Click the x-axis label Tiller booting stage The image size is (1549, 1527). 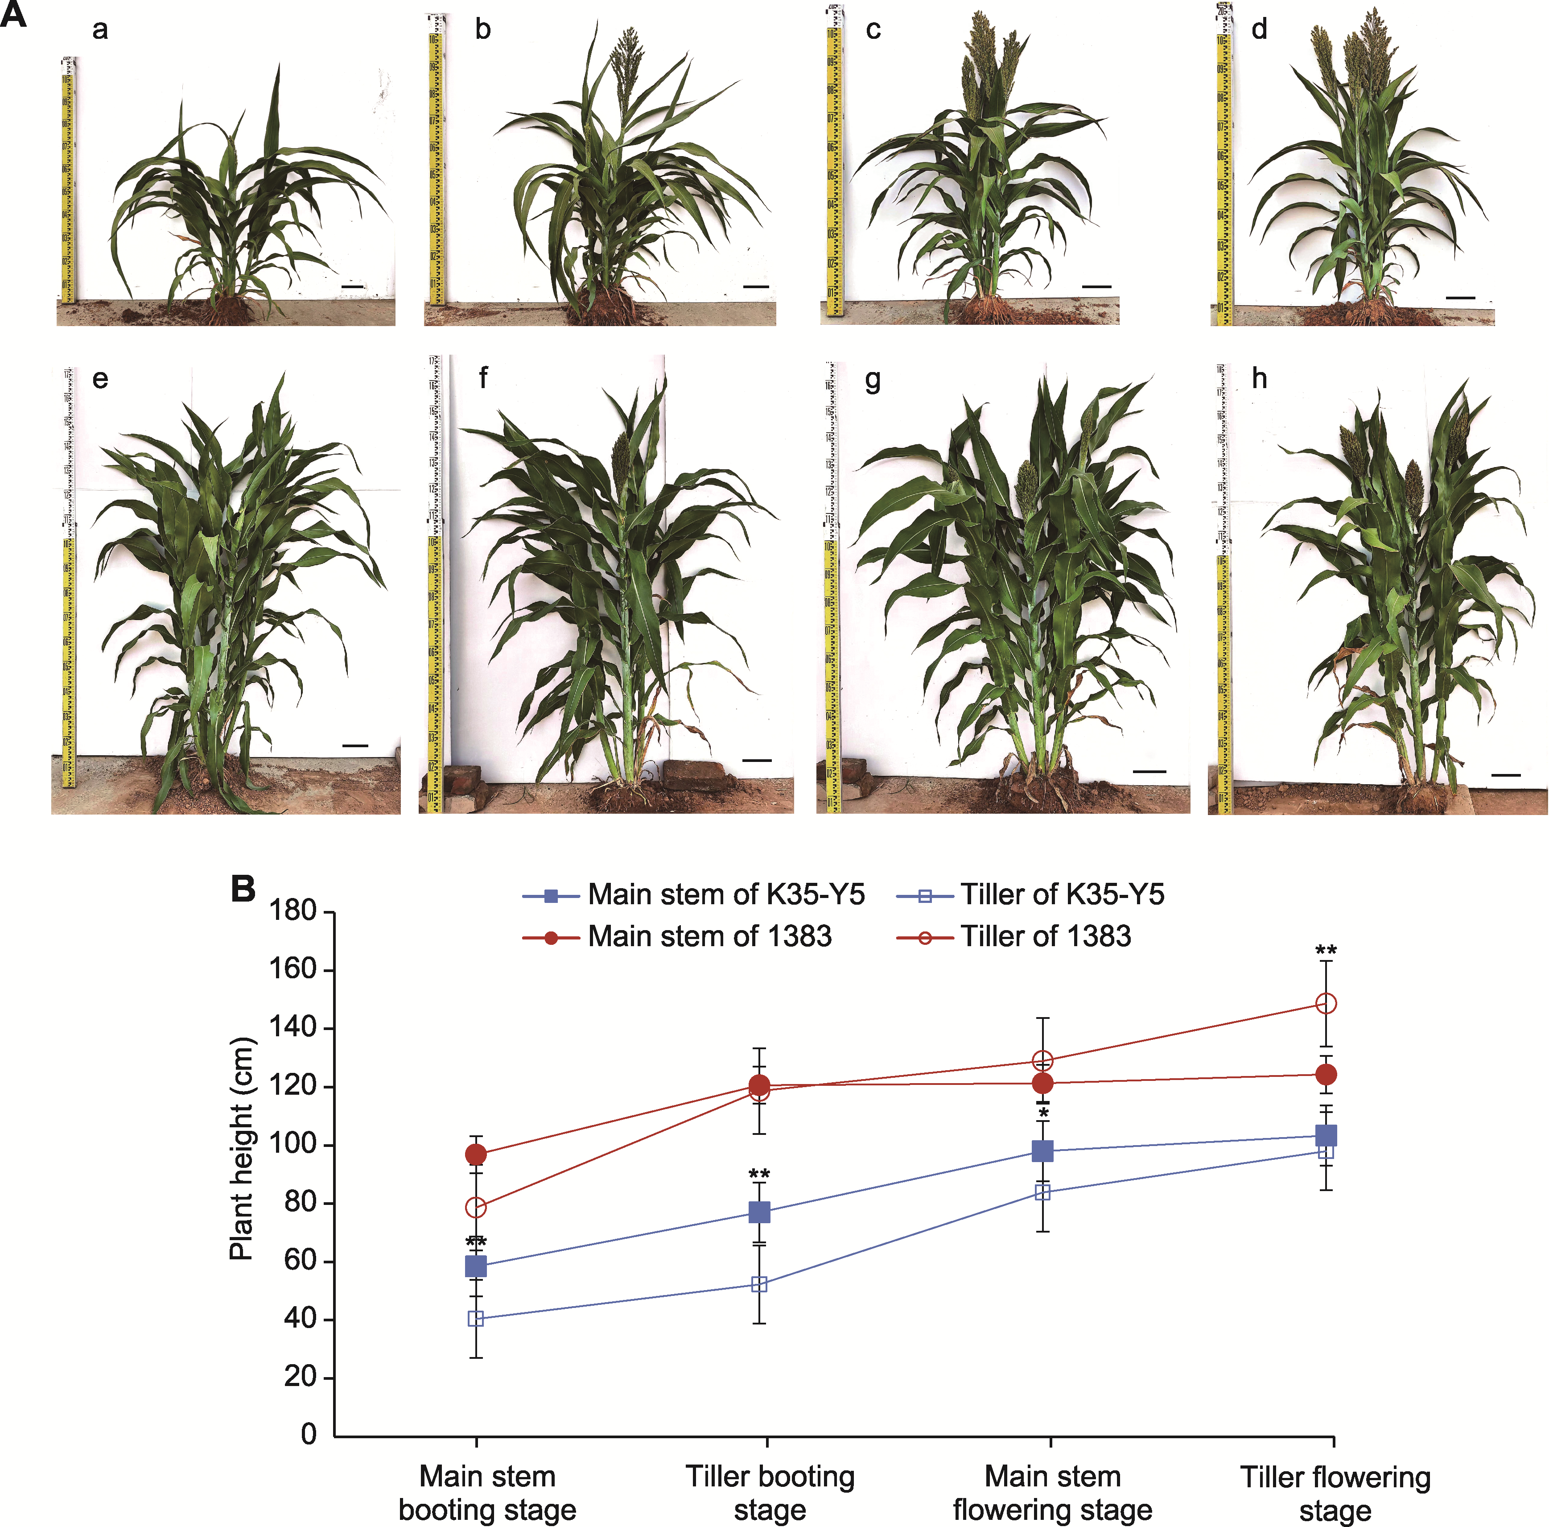[770, 1493]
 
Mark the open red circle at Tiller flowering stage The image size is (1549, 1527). [1326, 1003]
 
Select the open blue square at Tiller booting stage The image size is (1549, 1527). [759, 1284]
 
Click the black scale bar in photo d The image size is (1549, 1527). [1460, 298]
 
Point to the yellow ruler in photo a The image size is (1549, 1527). [68, 181]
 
